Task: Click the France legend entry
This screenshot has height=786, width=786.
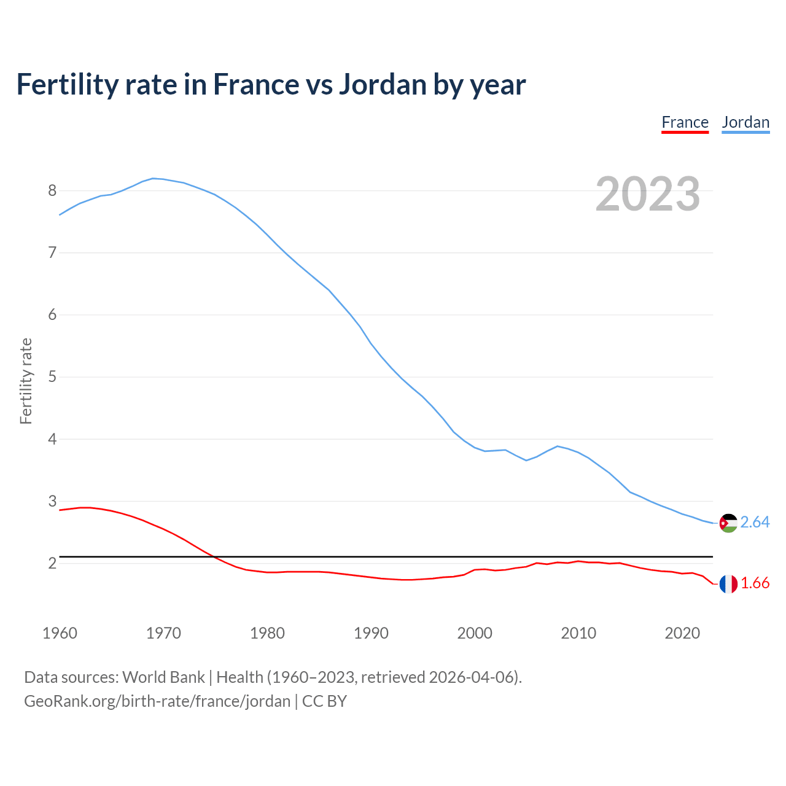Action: click(x=685, y=122)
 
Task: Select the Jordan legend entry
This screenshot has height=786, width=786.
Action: click(x=745, y=122)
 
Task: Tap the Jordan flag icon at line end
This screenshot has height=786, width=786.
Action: click(x=728, y=523)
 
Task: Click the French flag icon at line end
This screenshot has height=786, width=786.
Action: click(x=728, y=584)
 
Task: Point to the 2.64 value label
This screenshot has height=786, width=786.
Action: click(x=755, y=522)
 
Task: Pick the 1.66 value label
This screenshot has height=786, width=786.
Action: click(x=755, y=583)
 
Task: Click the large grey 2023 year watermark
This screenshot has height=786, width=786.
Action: click(x=648, y=194)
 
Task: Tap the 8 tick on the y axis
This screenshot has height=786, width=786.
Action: click(x=52, y=190)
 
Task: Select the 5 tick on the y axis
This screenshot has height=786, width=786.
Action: click(x=52, y=376)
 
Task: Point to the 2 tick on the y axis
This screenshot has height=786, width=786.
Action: click(x=52, y=563)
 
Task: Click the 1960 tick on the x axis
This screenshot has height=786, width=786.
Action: click(x=60, y=633)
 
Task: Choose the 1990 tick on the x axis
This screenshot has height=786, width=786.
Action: click(x=371, y=633)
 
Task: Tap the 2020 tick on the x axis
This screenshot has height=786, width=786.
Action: click(x=682, y=633)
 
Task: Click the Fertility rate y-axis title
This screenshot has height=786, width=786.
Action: click(x=26, y=381)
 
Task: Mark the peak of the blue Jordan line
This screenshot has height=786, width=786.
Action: click(x=153, y=178)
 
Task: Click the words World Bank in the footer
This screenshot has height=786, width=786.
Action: click(x=163, y=677)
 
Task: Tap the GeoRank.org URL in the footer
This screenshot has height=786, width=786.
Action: click(x=157, y=701)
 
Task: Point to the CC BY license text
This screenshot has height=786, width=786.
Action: click(x=324, y=701)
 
